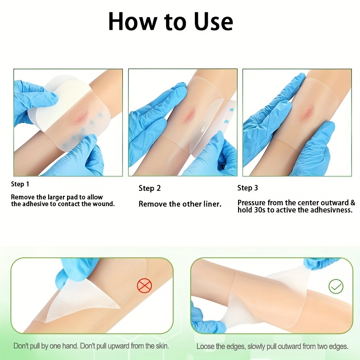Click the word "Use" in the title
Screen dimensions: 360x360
tap(213, 21)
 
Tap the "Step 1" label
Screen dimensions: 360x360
tap(20, 184)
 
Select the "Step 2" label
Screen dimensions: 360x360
tap(150, 188)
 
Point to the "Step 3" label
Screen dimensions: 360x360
tap(247, 188)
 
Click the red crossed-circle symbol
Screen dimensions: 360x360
tap(144, 285)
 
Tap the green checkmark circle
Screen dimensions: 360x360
tap(336, 286)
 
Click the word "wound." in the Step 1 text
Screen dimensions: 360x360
tap(103, 204)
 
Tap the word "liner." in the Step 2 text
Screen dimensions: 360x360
tap(212, 204)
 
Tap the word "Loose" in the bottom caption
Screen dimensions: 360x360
tap(205, 346)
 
